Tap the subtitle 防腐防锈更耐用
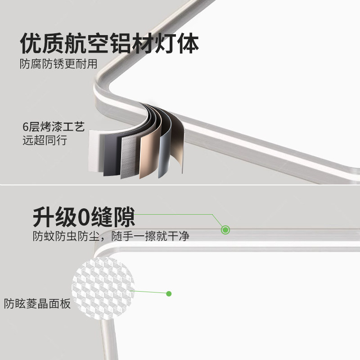(58, 64)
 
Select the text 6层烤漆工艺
(54, 127)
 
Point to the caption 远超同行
(45, 140)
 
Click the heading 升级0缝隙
(84, 217)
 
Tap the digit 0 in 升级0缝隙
(84, 217)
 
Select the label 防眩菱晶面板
(38, 304)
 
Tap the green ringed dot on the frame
(226, 230)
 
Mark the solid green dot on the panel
(169, 294)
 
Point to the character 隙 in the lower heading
(124, 217)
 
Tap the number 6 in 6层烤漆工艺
(26, 127)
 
